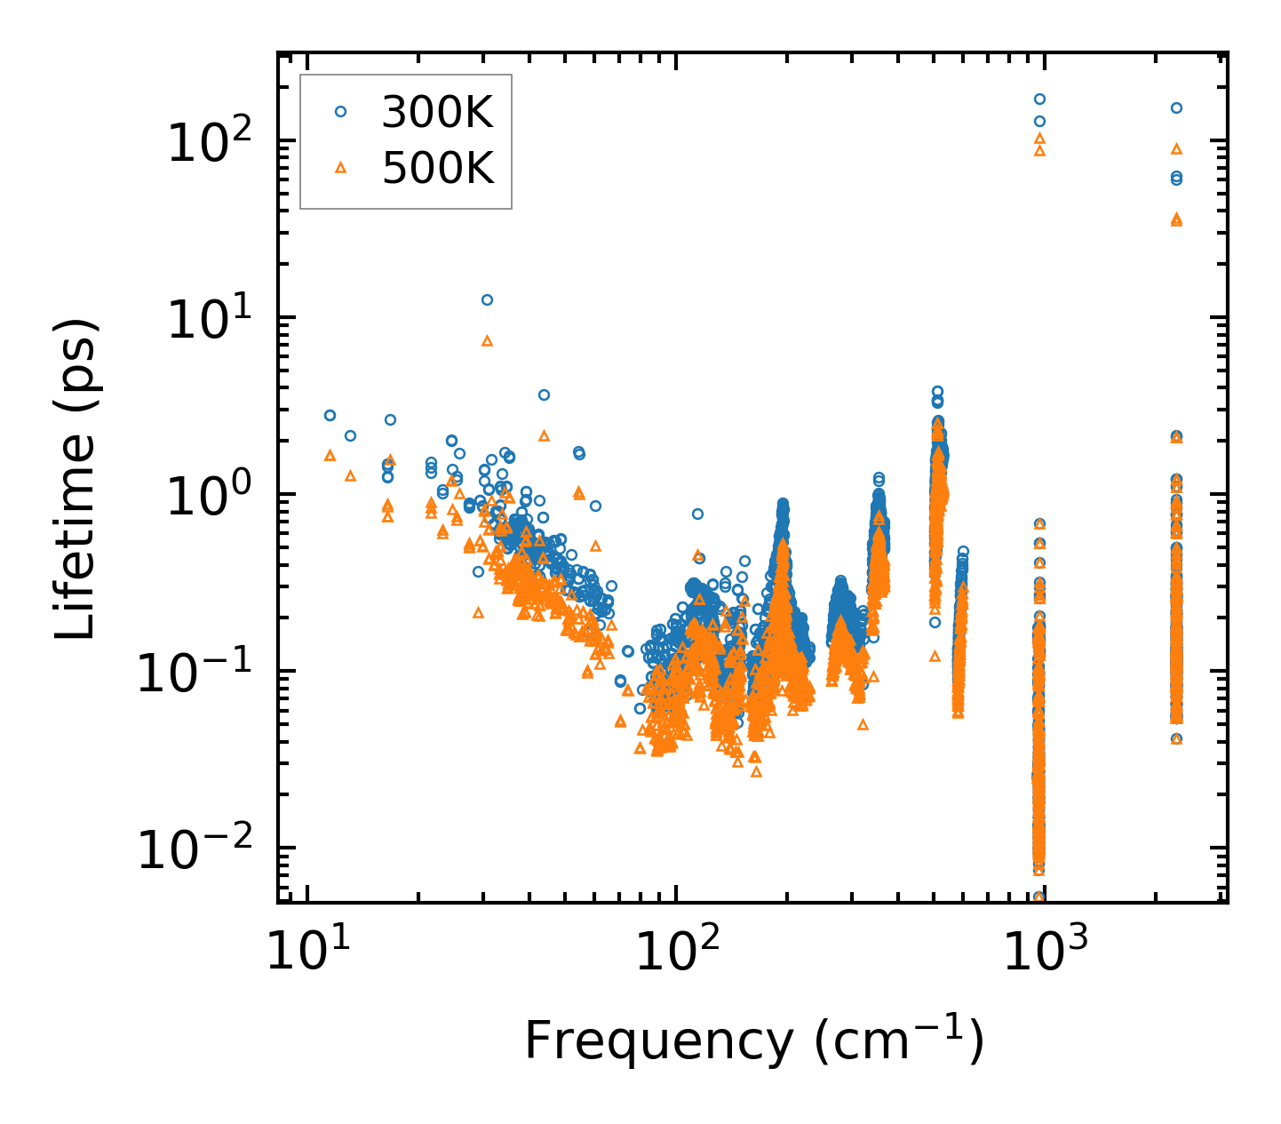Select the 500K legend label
point(438,168)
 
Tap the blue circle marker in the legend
point(340,112)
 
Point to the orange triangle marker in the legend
point(340,167)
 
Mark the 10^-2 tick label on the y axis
point(194,849)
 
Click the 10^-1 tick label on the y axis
point(194,673)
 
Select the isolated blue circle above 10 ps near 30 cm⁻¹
point(487,299)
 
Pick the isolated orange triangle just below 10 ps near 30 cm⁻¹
point(487,340)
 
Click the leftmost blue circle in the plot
point(330,415)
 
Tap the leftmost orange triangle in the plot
point(330,455)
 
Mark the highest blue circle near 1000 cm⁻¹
point(1039,99)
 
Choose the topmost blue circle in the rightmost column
point(1176,108)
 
